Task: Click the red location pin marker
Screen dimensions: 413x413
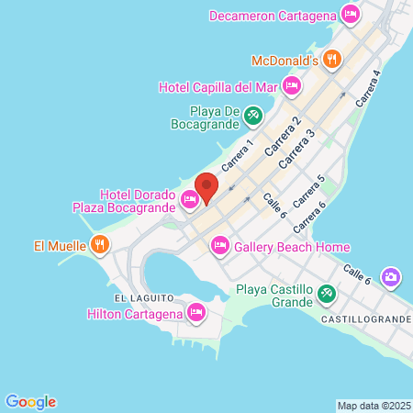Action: click(206, 187)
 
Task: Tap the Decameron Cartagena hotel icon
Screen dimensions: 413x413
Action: click(349, 15)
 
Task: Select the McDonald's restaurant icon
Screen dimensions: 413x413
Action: click(332, 61)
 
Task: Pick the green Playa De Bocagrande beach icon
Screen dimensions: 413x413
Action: click(253, 117)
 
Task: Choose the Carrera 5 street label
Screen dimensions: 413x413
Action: click(307, 193)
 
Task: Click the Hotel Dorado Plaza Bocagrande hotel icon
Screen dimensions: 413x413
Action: click(190, 198)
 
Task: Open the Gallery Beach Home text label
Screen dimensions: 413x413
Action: click(292, 246)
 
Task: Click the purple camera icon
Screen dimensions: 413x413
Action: click(392, 276)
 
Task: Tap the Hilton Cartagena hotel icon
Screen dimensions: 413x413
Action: click(195, 314)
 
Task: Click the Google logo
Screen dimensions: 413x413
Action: click(31, 401)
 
